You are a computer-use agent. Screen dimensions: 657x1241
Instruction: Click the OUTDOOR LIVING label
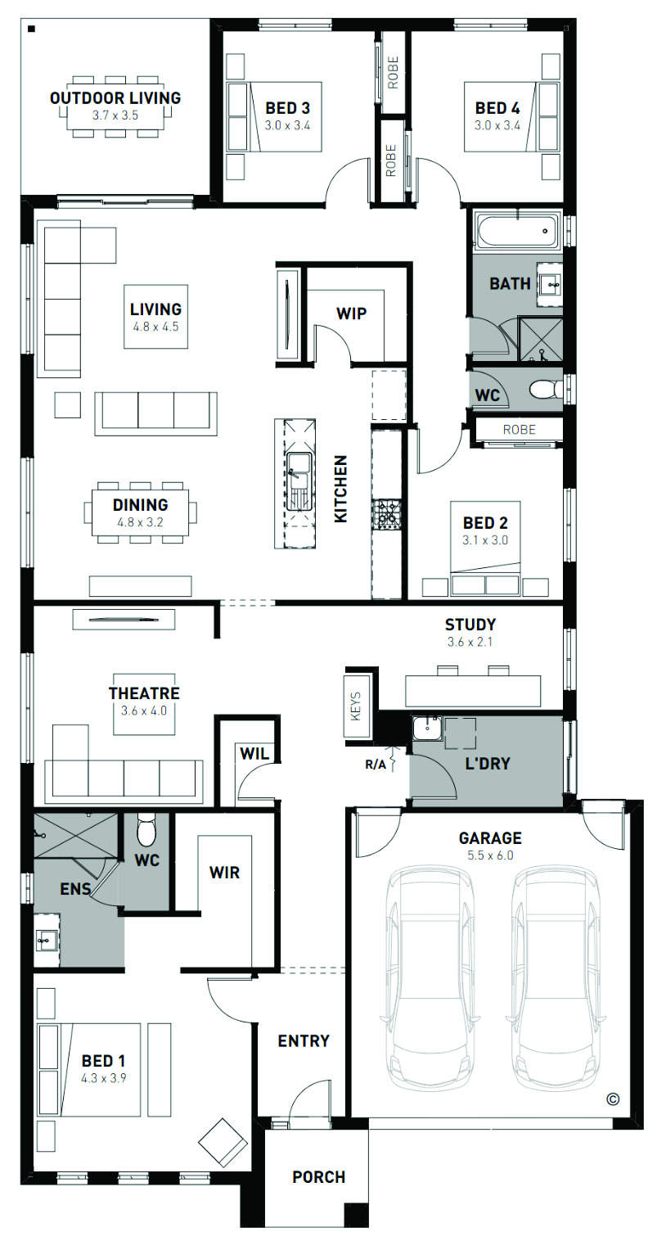[115, 98]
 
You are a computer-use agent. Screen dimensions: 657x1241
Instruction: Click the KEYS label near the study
[356, 706]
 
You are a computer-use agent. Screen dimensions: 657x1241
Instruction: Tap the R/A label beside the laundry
[375, 765]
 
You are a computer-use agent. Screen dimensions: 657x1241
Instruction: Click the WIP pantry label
[351, 314]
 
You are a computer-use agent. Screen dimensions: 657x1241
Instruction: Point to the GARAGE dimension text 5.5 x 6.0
[490, 855]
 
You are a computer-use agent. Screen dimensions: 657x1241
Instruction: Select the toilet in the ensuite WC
[146, 831]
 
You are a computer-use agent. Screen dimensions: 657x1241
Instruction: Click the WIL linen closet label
[254, 753]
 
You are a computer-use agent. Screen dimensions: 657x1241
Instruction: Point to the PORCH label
[318, 1176]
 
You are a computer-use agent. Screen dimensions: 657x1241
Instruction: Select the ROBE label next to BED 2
[519, 430]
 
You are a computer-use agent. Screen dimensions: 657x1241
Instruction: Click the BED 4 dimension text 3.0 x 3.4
[497, 126]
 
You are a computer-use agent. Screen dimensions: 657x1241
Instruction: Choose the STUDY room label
[470, 625]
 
